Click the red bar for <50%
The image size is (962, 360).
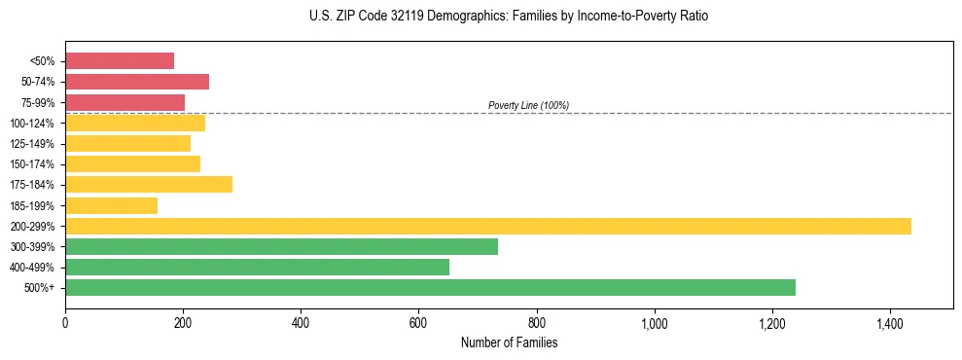120,61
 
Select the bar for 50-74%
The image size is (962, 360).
137,82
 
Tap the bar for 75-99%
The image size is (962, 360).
125,102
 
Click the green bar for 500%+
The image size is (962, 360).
430,287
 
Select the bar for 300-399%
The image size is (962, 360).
281,246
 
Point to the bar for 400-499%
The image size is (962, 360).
257,267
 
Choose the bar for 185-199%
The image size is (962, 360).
111,205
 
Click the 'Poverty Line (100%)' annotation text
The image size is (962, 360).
528,105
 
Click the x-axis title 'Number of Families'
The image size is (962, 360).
509,342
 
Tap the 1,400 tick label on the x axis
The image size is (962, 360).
889,322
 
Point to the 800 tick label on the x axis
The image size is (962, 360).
536,322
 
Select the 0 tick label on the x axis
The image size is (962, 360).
65,322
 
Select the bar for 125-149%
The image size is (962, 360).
127,144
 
